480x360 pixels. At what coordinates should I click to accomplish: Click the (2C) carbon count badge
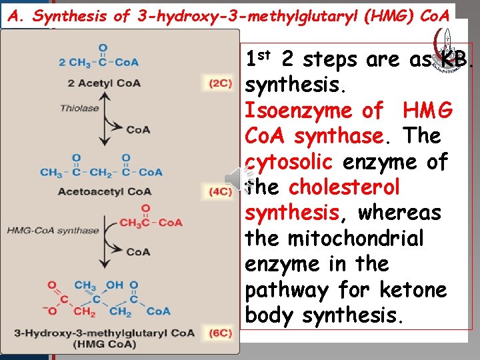click(220, 83)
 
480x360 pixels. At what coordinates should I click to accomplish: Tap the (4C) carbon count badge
click(220, 193)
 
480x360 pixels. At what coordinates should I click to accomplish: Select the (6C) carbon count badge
click(220, 333)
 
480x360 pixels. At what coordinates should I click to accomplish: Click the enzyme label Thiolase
click(79, 108)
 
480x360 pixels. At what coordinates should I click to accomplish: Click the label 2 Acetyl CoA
click(99, 83)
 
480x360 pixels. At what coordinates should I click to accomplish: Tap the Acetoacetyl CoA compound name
click(105, 192)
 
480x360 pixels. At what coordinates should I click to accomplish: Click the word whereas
click(399, 213)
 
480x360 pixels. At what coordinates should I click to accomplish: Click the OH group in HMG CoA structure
click(115, 285)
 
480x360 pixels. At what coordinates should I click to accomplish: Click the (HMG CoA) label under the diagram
click(105, 345)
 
